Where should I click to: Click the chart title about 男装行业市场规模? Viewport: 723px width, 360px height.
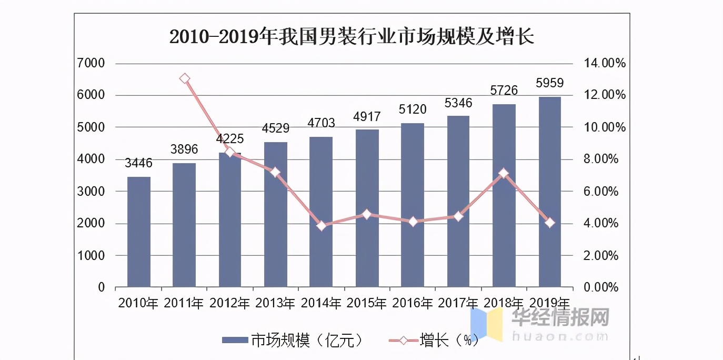click(x=352, y=37)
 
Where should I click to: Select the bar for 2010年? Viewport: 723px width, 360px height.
click(x=139, y=232)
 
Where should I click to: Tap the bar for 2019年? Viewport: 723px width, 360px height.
click(x=550, y=192)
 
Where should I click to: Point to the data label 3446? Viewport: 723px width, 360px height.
click(x=138, y=163)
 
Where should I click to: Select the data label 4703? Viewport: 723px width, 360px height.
click(x=321, y=123)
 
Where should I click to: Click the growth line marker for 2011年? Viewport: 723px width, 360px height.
click(x=185, y=79)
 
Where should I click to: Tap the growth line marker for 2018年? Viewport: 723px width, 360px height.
click(x=504, y=173)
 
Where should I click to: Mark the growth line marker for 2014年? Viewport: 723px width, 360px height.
click(x=322, y=226)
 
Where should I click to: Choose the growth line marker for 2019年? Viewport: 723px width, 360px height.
click(x=550, y=223)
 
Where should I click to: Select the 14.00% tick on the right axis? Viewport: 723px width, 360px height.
click(x=605, y=64)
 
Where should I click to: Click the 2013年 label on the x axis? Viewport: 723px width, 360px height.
click(x=275, y=303)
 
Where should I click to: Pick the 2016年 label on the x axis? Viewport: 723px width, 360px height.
click(x=413, y=303)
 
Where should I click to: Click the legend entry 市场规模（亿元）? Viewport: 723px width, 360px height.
click(x=293, y=340)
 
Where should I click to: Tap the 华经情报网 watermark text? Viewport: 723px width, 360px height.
click(x=560, y=317)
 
